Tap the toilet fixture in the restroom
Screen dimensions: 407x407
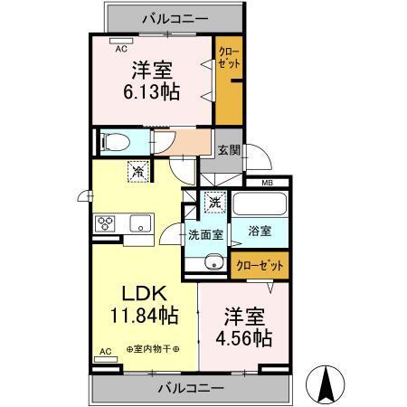(x=115, y=142)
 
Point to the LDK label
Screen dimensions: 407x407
(x=142, y=293)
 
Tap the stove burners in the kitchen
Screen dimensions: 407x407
(x=103, y=223)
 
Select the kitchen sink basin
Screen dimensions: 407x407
(x=141, y=223)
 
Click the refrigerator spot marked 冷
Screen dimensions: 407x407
(x=137, y=171)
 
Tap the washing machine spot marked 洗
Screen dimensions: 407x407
(x=213, y=203)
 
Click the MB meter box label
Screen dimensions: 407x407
(x=267, y=184)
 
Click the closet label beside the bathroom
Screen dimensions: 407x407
(x=259, y=265)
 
